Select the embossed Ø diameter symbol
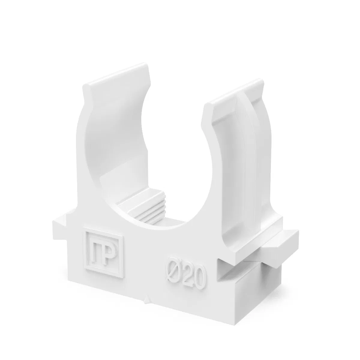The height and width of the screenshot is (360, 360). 173,273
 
